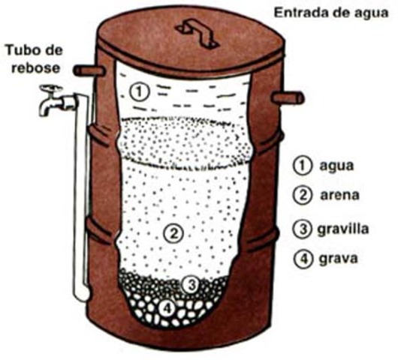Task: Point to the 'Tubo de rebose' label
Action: (37, 58)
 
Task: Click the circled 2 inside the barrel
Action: (173, 233)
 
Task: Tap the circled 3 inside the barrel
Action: (191, 284)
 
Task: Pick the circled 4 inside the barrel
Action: (167, 306)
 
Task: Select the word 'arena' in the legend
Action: (339, 196)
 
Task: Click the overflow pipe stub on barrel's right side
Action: (289, 97)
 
